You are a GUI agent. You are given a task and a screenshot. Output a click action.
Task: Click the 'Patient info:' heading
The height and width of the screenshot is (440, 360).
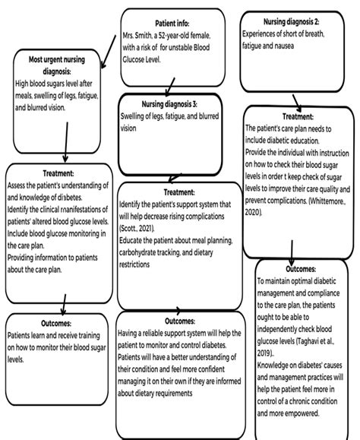tap(174, 23)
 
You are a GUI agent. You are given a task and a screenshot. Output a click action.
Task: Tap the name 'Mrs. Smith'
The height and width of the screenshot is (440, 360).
tap(140, 36)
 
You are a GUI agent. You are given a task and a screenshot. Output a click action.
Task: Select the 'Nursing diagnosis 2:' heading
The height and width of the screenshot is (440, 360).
tap(292, 22)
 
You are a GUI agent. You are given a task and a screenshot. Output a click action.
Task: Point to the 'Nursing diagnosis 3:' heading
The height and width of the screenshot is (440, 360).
tap(169, 103)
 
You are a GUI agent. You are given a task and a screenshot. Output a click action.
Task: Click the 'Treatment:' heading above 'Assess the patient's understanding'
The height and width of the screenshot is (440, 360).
tap(58, 173)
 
